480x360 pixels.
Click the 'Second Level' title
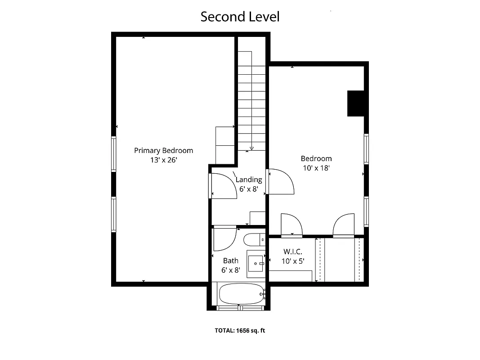[240, 17]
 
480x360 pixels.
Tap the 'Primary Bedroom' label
[163, 150]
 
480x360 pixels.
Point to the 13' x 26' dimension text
[163, 160]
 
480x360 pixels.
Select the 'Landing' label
[249, 180]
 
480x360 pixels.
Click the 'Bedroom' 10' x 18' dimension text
[316, 168]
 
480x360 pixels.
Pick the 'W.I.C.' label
[292, 252]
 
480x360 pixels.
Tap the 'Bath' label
[231, 261]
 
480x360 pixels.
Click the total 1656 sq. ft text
[240, 331]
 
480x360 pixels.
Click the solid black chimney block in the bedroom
[355, 103]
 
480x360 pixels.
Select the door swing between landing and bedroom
[281, 181]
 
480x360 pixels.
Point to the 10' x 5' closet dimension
[292, 261]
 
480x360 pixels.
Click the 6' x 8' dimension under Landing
[249, 189]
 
